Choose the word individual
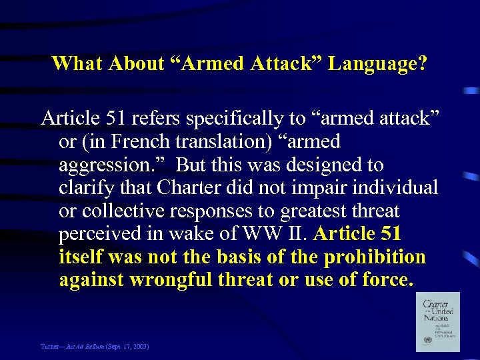pos(401,188)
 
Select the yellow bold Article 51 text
pos(357,235)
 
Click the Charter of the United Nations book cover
pos(437,321)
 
